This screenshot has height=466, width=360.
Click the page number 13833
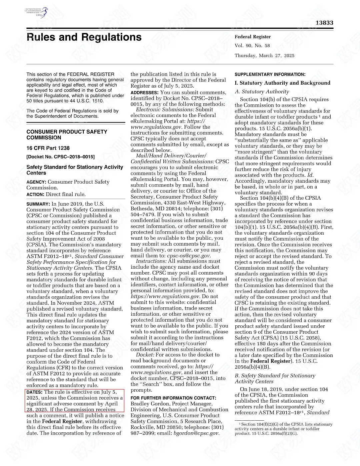click(x=324, y=23)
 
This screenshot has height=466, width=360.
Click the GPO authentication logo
click(x=36, y=13)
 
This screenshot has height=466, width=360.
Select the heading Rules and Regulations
click(x=84, y=37)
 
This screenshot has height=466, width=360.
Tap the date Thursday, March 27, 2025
click(x=264, y=56)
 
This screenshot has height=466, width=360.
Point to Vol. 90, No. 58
click(x=252, y=46)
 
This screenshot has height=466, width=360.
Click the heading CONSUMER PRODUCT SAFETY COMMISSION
click(x=67, y=135)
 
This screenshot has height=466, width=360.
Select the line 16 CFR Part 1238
click(x=48, y=148)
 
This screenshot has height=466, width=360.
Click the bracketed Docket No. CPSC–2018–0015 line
click(x=60, y=157)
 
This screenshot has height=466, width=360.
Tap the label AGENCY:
click(x=36, y=182)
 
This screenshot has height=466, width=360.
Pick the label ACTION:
click(x=35, y=194)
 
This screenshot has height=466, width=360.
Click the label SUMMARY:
click(x=38, y=204)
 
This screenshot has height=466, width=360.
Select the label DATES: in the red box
click(x=34, y=392)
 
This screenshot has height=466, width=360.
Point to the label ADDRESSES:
click(x=144, y=93)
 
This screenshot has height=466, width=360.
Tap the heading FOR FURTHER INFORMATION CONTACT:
click(x=173, y=398)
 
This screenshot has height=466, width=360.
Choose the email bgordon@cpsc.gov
click(x=196, y=433)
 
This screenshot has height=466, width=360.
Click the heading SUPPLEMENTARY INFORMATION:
click(x=270, y=74)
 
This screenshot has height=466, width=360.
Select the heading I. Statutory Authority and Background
click(x=282, y=83)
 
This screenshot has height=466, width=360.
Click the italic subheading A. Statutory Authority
click(x=262, y=92)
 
